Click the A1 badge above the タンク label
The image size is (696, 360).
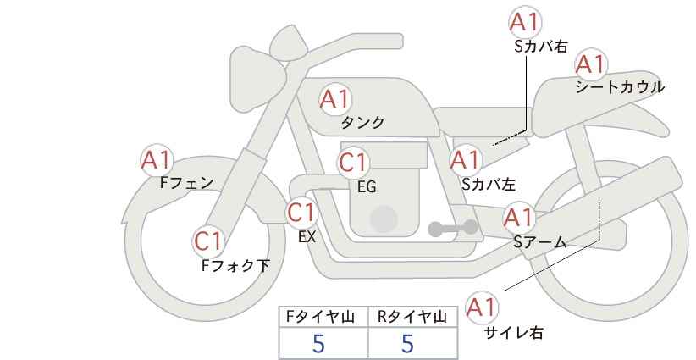(334, 99)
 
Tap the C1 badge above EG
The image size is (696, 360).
(354, 162)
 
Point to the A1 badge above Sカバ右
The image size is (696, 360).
(525, 22)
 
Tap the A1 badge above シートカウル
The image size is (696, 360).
(590, 64)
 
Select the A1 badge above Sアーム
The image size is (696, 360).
(519, 218)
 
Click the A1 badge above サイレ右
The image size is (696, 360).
(483, 307)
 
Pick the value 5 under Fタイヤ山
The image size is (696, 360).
(319, 344)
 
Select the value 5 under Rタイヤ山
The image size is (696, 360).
(408, 344)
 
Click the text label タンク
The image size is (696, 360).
(362, 122)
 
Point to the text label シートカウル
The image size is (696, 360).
(619, 86)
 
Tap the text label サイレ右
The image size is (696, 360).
(512, 333)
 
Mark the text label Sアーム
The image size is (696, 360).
(539, 242)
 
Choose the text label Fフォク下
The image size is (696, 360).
(236, 265)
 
